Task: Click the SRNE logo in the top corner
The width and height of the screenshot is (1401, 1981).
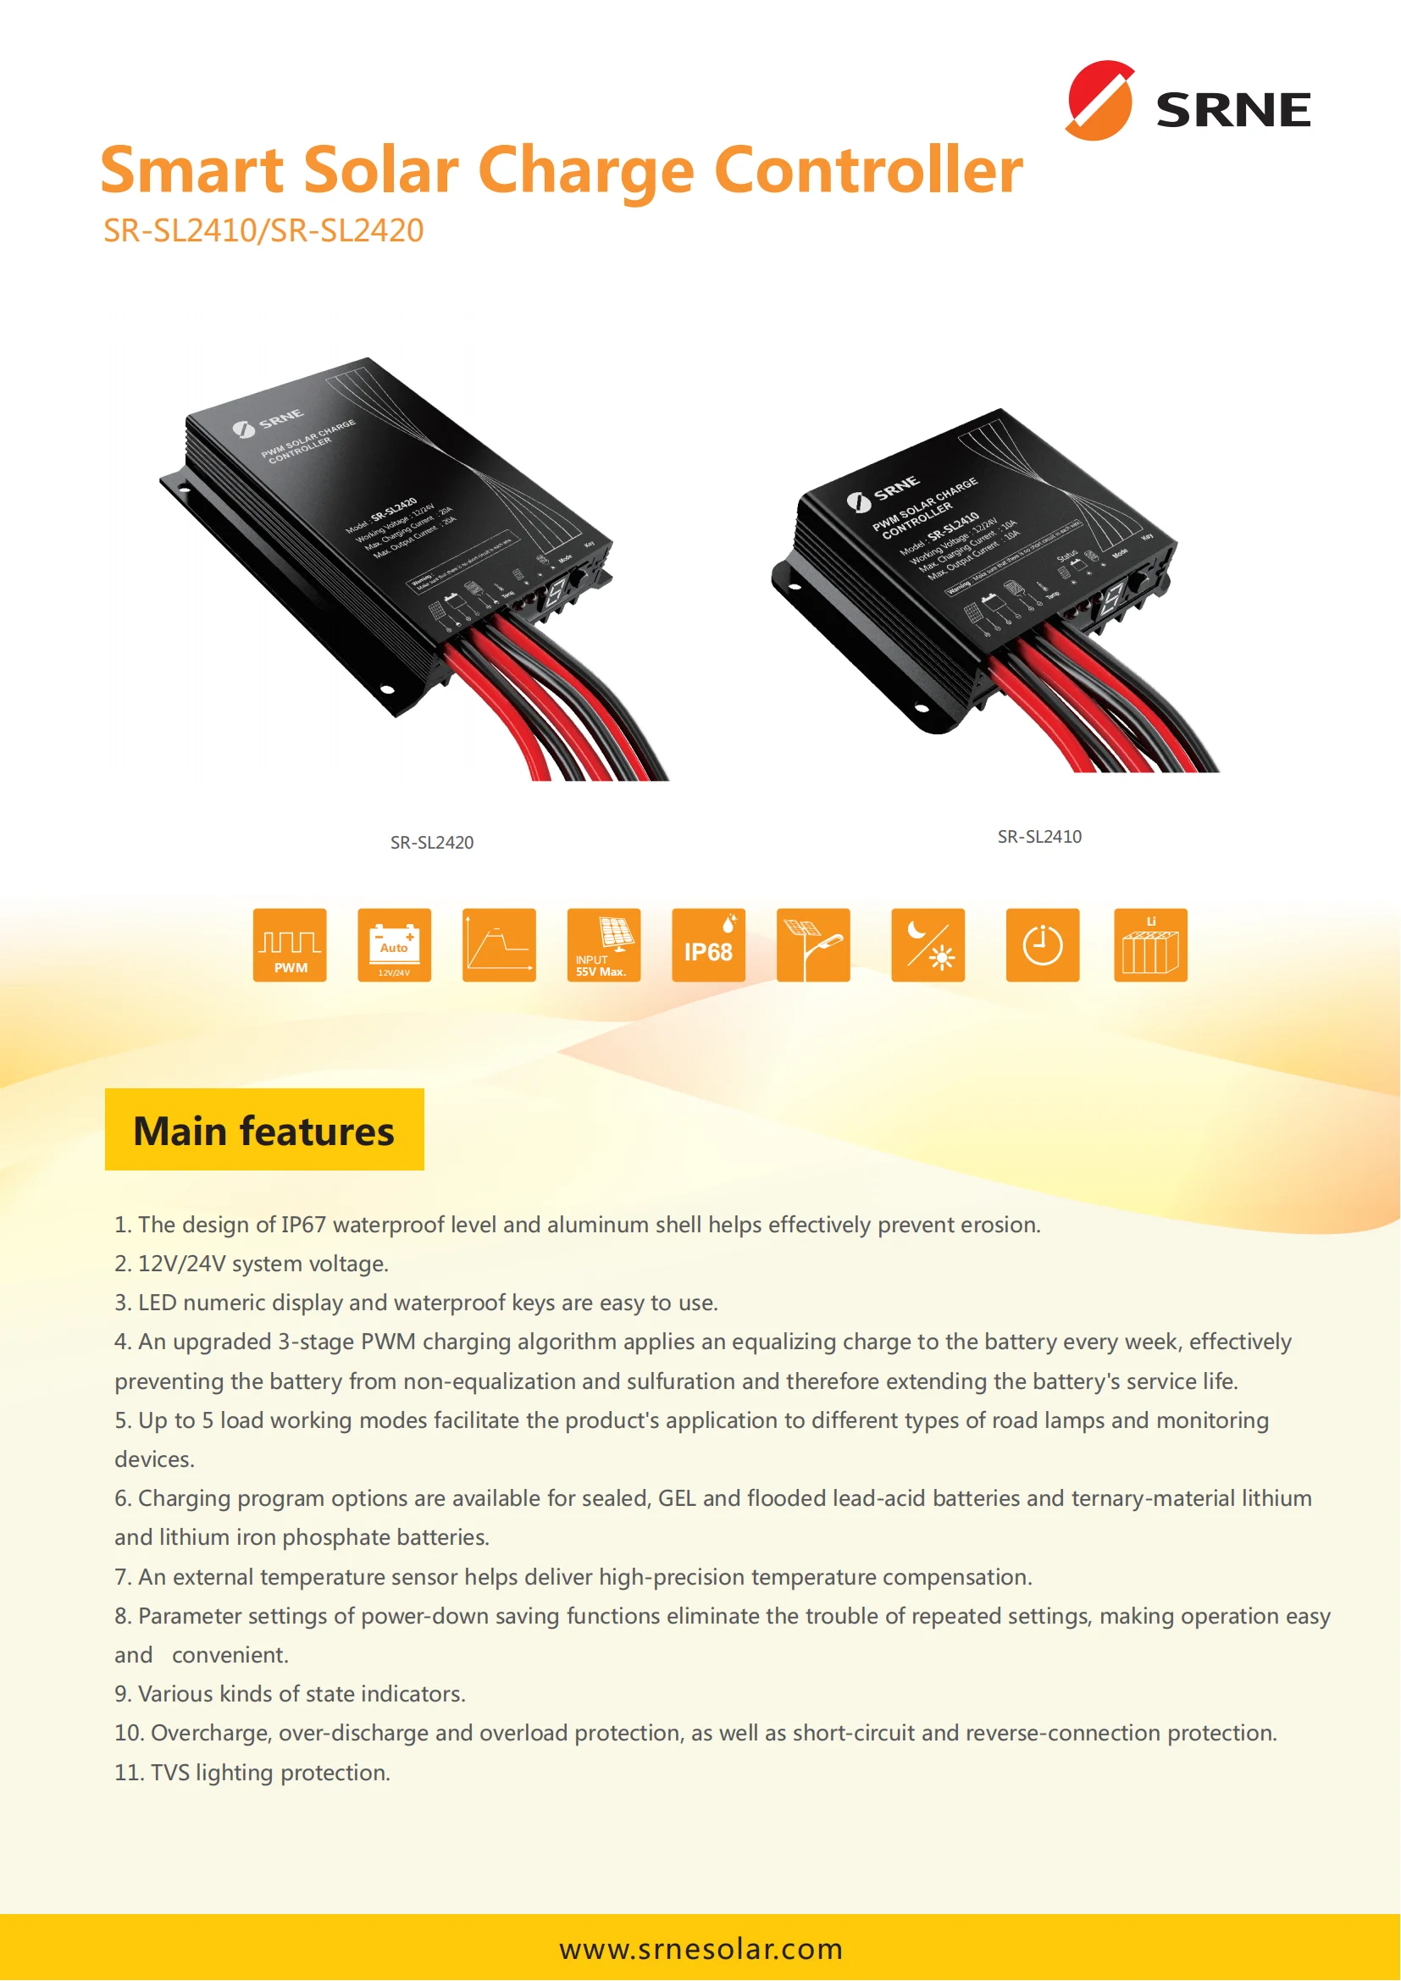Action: [1188, 102]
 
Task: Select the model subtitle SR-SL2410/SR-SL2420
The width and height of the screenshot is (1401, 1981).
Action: [263, 231]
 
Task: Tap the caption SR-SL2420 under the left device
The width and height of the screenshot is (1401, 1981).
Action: [431, 843]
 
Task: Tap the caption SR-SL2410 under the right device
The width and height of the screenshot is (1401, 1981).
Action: [1038, 837]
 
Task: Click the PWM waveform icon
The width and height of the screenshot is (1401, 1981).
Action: [290, 946]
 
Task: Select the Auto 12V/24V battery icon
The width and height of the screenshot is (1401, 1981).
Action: [394, 946]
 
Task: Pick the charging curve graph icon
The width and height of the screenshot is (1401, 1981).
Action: [499, 946]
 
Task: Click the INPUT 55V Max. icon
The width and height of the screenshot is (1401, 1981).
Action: [604, 946]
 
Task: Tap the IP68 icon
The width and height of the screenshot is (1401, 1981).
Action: [708, 946]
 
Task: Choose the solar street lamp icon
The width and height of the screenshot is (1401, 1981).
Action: [812, 946]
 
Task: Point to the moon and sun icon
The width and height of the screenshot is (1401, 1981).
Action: [928, 946]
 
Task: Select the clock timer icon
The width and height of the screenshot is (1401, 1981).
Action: [1042, 946]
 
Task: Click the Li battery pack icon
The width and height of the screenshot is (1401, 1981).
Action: [1150, 946]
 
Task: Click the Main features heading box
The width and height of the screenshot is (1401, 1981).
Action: [264, 1131]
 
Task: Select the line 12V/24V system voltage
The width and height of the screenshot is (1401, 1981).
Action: [263, 1264]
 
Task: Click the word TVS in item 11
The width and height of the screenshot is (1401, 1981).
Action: [169, 1773]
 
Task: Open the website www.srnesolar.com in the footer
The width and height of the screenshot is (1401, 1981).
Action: [700, 1948]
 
